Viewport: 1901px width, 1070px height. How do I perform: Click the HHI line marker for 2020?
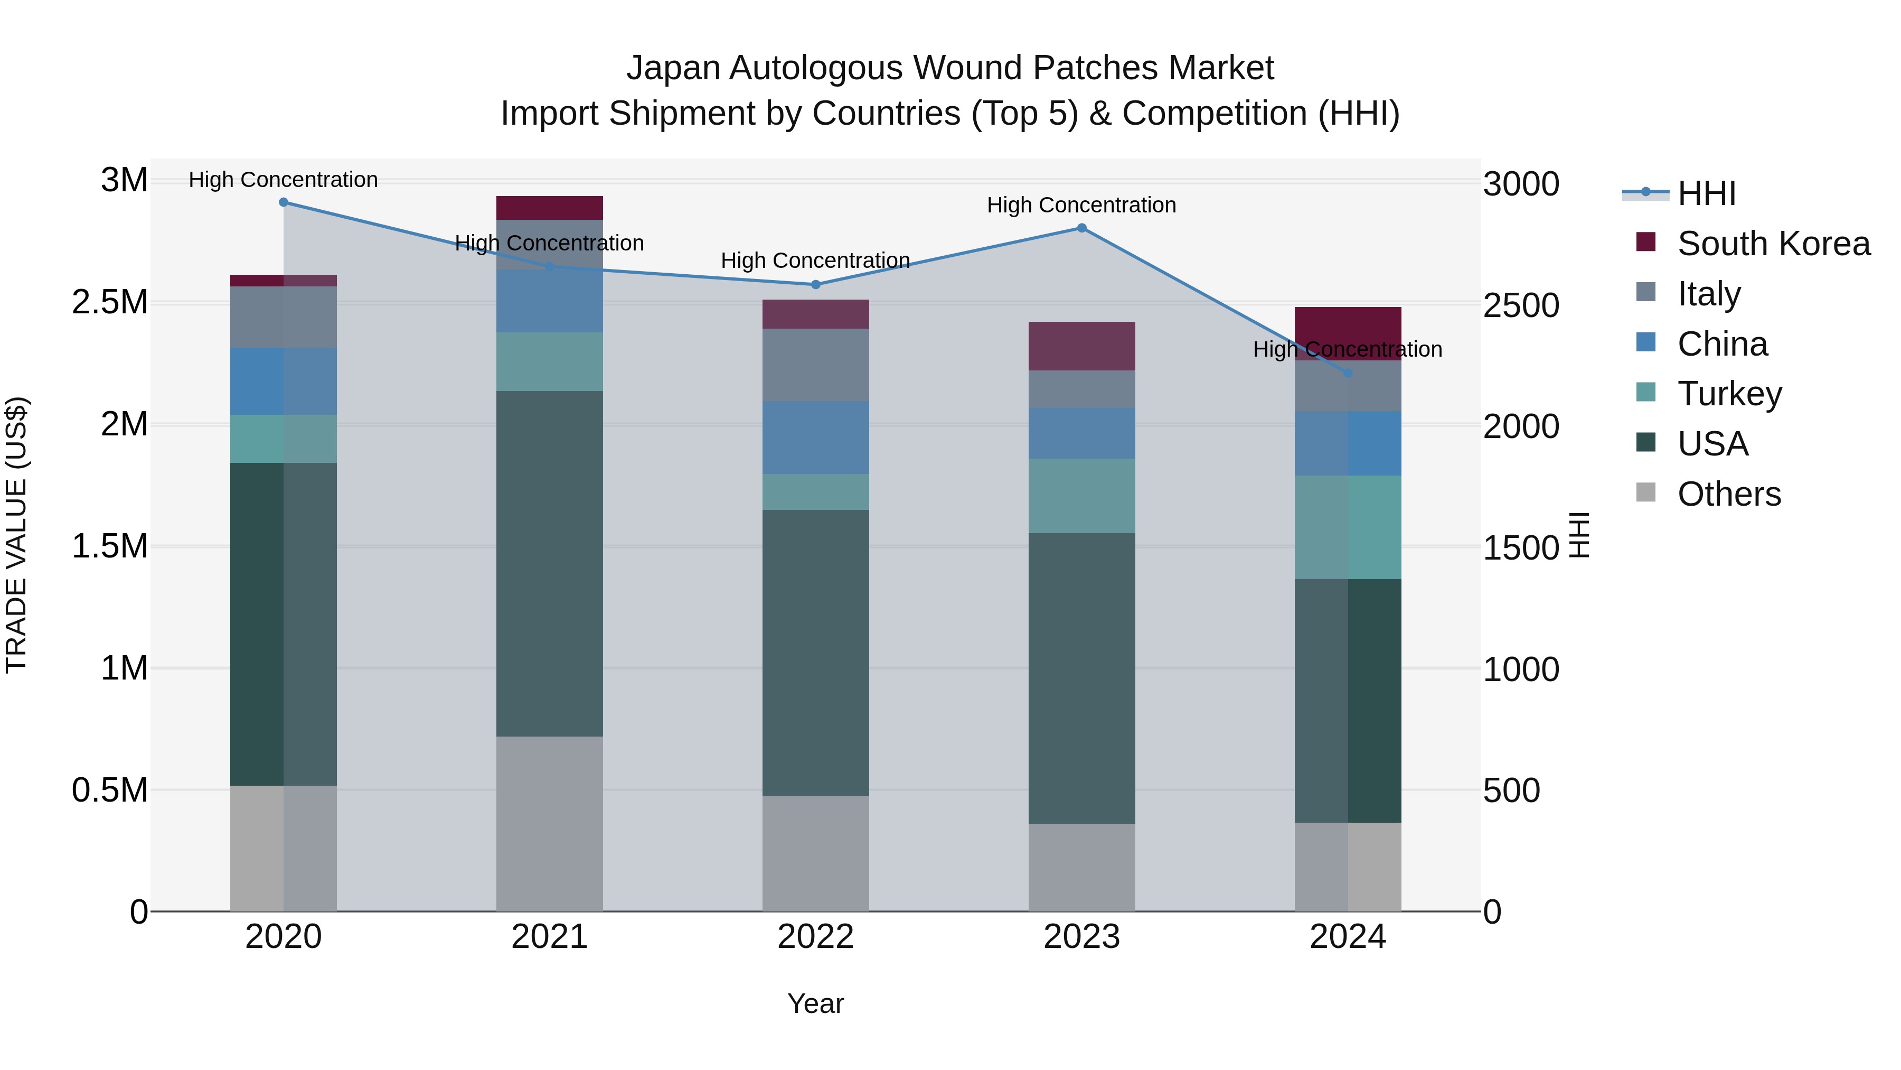point(284,202)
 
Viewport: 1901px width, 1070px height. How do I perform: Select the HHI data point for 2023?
point(1082,228)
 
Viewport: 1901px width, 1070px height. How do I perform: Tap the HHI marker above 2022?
point(815,285)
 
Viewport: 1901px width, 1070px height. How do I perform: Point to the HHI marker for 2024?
point(1348,374)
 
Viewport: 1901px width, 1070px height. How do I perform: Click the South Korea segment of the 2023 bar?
point(1082,346)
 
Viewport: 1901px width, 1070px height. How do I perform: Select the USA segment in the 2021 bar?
point(550,563)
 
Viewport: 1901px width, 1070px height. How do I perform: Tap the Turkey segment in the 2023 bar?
point(1082,496)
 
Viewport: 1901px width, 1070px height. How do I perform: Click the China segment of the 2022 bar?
point(815,438)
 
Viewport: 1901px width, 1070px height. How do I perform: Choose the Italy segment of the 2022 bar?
point(815,365)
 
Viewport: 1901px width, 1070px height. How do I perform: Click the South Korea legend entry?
point(1773,244)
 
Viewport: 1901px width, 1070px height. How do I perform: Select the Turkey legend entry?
point(1729,394)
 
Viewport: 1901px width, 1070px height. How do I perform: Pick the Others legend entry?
point(1728,494)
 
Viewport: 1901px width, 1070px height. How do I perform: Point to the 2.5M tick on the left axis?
point(110,303)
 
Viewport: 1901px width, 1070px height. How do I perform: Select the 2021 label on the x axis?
point(550,937)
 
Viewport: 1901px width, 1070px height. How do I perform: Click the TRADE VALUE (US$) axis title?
point(16,535)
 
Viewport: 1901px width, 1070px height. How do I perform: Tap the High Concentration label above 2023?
point(1082,206)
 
